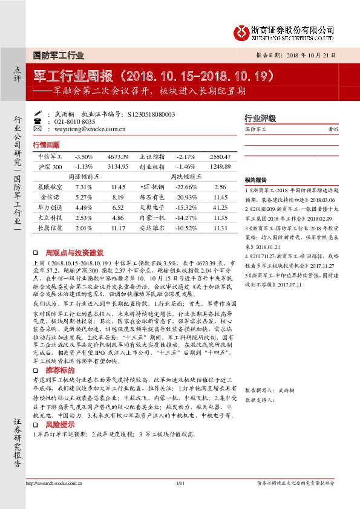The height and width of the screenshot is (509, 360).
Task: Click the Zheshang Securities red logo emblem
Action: pyautogui.click(x=243, y=31)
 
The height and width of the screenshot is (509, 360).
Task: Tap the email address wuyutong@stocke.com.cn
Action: pyautogui.click(x=90, y=129)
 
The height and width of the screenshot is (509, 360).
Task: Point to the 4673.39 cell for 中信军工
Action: pyautogui.click(x=118, y=157)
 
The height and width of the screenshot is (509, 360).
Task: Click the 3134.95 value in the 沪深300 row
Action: pyautogui.click(x=118, y=166)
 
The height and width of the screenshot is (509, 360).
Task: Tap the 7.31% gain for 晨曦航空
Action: pyautogui.click(x=83, y=187)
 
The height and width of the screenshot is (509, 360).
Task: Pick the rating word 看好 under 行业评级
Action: pyautogui.click(x=332, y=129)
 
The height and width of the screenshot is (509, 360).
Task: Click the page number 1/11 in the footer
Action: pyautogui.click(x=180, y=483)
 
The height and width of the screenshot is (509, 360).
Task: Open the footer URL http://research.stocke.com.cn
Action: pyautogui.click(x=54, y=483)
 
